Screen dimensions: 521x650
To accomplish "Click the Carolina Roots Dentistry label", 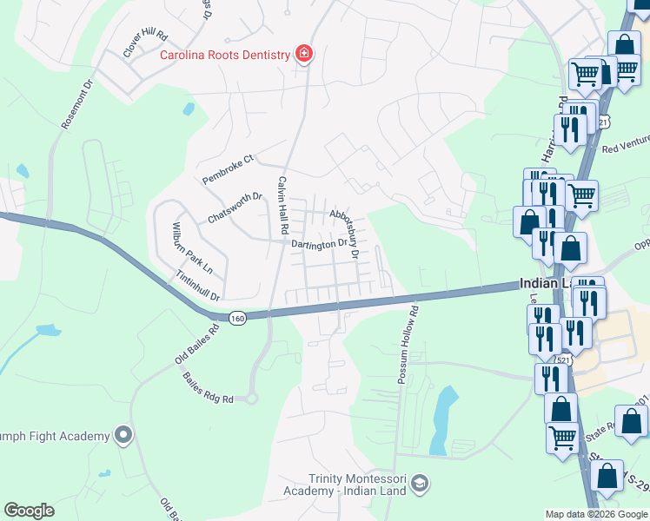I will click(224, 55).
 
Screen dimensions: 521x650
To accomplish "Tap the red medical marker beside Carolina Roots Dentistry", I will click(304, 55).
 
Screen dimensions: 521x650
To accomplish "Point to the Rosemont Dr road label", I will click(76, 106).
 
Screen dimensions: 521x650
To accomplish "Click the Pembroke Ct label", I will click(227, 168).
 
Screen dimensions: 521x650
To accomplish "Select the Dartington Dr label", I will click(318, 245).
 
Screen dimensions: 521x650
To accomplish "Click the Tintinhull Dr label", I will click(198, 285).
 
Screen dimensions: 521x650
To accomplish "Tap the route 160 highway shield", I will click(238, 319).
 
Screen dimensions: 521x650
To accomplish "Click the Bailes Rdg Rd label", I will click(208, 388).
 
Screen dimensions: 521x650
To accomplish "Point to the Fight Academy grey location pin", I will click(123, 435).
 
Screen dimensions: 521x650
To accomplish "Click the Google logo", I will click(30, 511).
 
